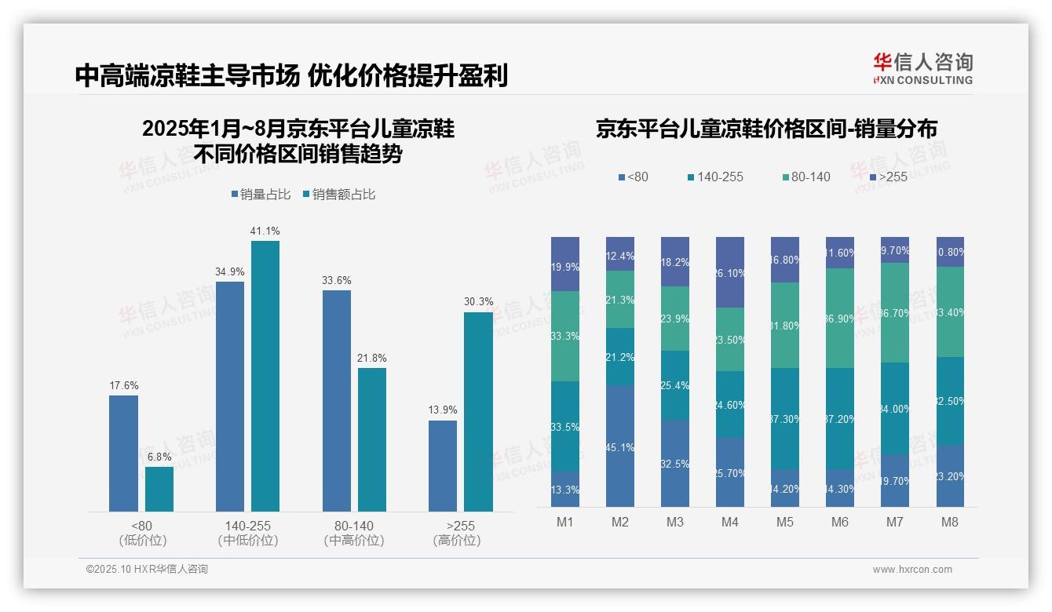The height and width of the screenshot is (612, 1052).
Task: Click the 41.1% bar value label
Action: tap(265, 231)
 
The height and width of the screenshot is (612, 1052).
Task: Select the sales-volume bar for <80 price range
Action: tap(123, 454)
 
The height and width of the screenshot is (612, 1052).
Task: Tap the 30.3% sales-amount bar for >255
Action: tap(478, 411)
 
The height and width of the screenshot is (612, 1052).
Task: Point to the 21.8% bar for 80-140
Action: tap(372, 439)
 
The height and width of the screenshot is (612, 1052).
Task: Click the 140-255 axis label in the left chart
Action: tap(247, 526)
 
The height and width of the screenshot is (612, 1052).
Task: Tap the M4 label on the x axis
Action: tap(729, 523)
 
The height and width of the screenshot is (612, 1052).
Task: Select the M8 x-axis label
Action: tap(950, 523)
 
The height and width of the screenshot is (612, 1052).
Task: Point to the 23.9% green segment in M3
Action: tap(674, 319)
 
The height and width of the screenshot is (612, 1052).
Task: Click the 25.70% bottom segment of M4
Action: tap(729, 472)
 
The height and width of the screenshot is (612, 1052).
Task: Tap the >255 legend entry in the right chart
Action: tap(887, 177)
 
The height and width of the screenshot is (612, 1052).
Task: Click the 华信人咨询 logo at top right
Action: tap(922, 68)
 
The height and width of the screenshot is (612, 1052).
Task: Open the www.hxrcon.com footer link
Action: tap(911, 570)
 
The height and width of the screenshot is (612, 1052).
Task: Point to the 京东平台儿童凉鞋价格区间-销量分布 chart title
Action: tap(766, 129)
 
